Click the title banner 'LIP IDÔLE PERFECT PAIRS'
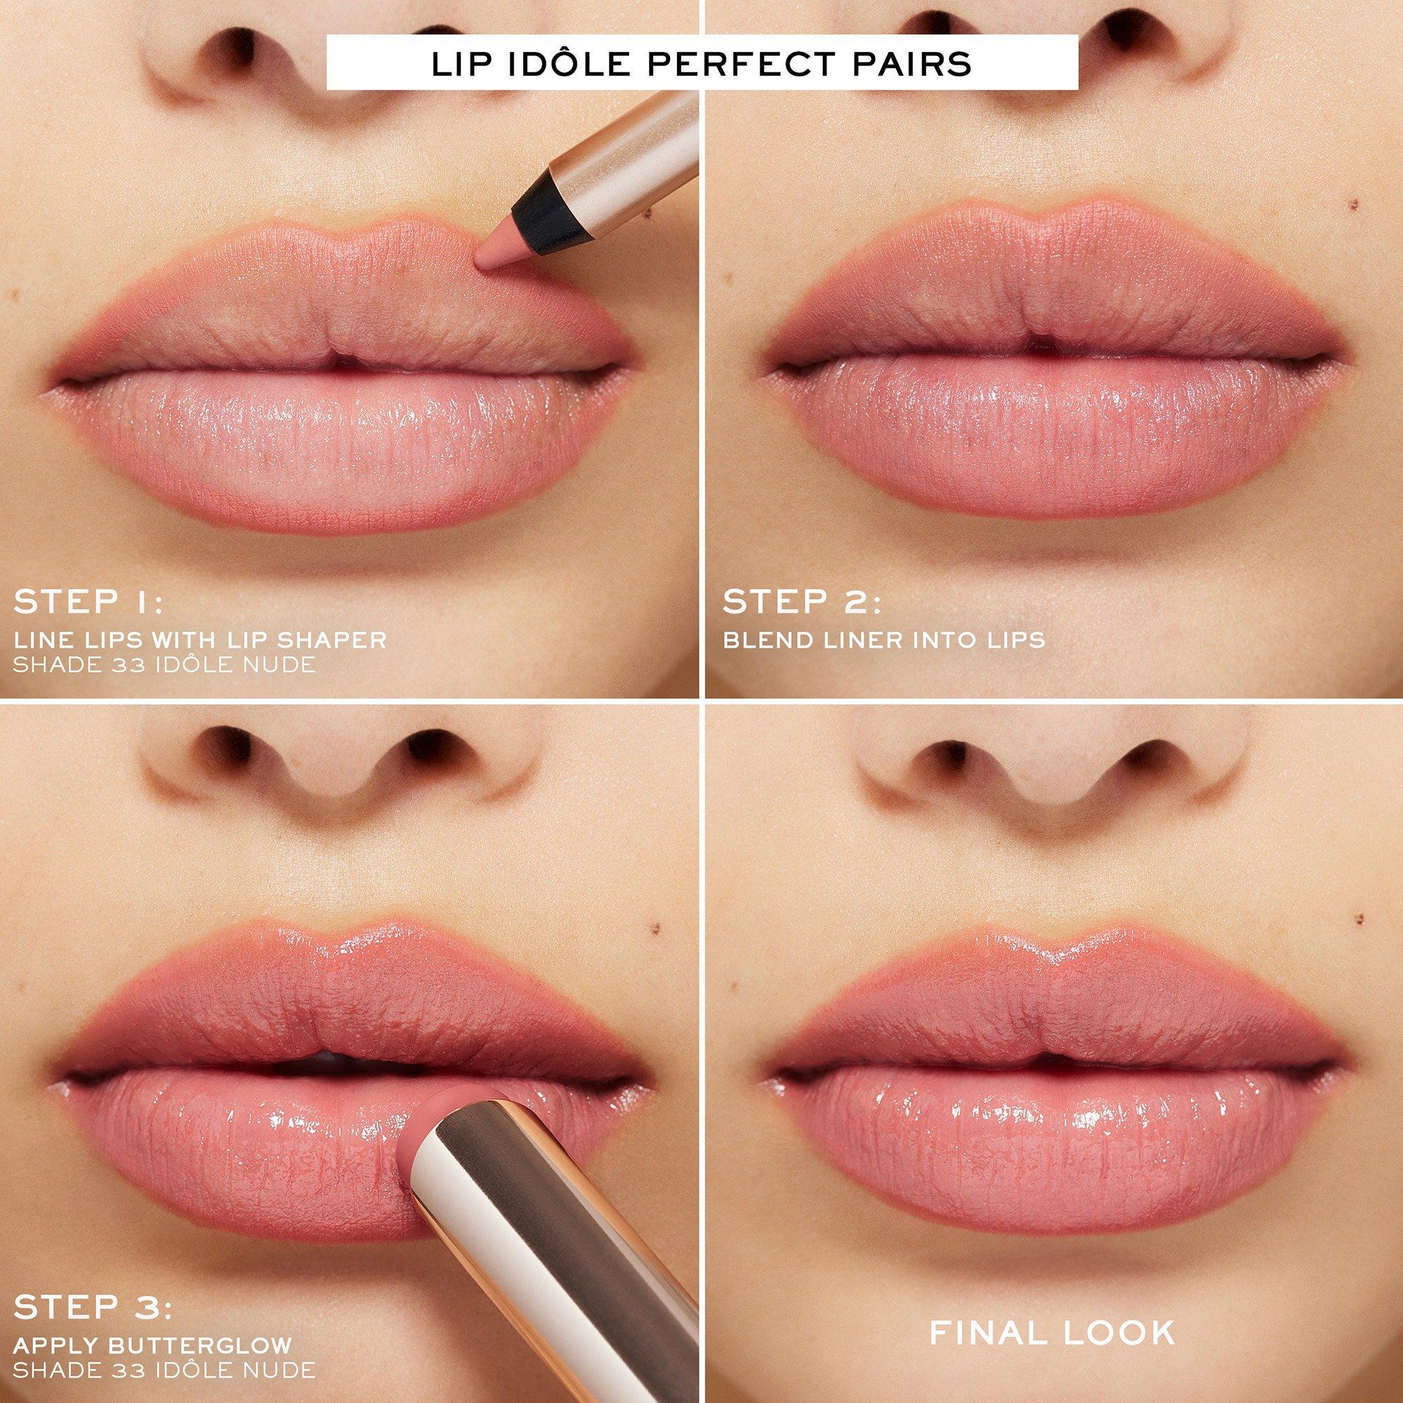pyautogui.click(x=701, y=62)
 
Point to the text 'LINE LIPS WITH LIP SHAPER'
pyautogui.click(x=200, y=640)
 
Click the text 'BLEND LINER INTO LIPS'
pyautogui.click(x=884, y=640)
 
